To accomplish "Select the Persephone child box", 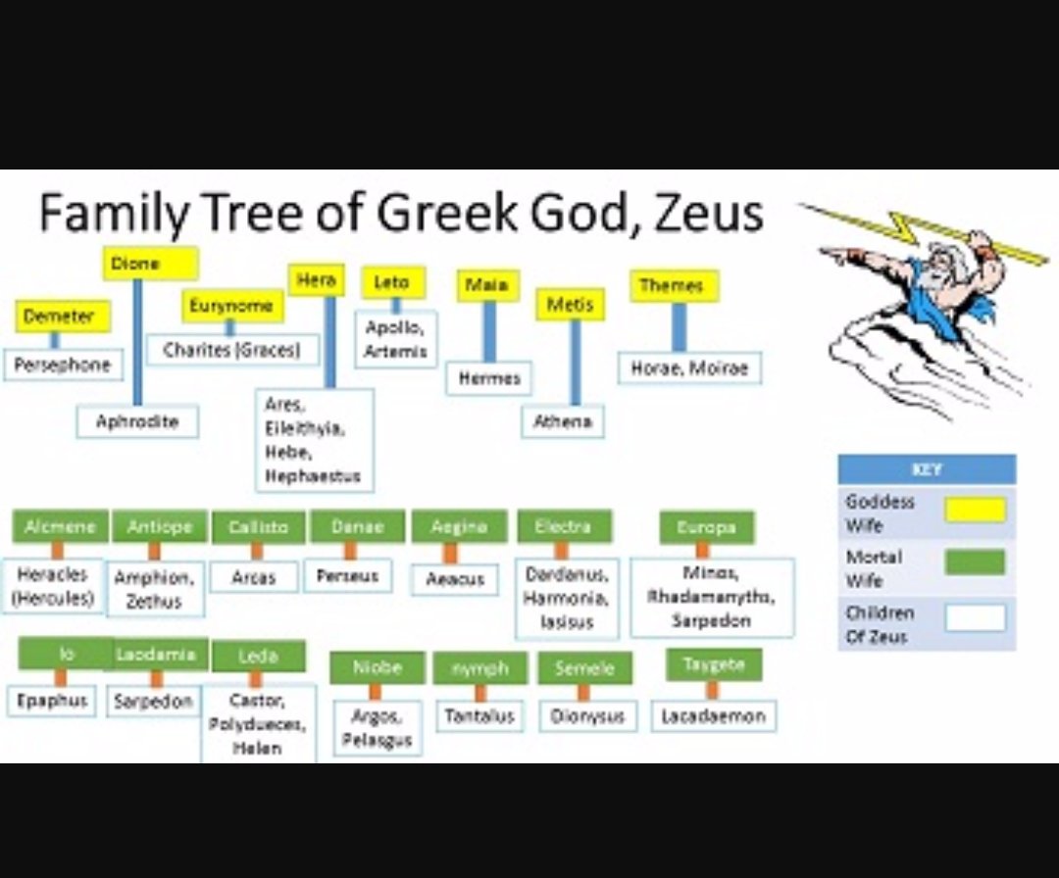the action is pos(63,365).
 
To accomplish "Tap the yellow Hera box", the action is pos(317,280).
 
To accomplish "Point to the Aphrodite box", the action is pos(137,421).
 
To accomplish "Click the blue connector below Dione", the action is pos(137,343).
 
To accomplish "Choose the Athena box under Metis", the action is pos(563,421).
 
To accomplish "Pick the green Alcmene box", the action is pos(60,526).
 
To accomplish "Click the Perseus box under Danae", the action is pos(348,576).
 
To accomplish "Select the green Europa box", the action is pos(707,527).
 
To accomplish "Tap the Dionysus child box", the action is pos(587,716).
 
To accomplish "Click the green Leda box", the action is pos(258,657).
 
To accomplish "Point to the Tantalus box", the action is pos(479,716).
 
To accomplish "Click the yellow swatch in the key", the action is pos(975,510).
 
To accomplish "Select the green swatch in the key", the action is pos(975,562).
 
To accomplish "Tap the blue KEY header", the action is pos(927,469).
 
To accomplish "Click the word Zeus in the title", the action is pos(703,213).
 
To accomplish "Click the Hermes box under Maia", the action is pos(489,378).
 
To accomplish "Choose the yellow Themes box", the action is pos(673,286).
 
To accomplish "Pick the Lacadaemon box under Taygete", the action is pos(713,716).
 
